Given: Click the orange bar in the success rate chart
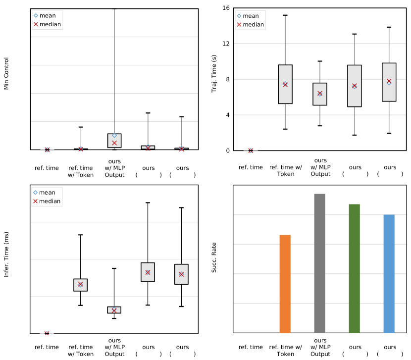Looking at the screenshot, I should pyautogui.click(x=285, y=283).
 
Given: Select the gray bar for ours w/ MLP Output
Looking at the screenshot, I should pyautogui.click(x=319, y=263).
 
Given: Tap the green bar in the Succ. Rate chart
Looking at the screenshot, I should pyautogui.click(x=354, y=268).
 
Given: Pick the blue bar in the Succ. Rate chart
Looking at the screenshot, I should pyautogui.click(x=389, y=273).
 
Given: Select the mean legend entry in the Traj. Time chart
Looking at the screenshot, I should pyautogui.click(x=250, y=16).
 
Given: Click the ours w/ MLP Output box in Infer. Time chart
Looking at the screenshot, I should pyautogui.click(x=114, y=309).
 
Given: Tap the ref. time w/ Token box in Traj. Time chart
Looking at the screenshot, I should pyautogui.click(x=285, y=84).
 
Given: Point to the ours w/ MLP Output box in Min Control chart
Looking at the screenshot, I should pyautogui.click(x=114, y=141).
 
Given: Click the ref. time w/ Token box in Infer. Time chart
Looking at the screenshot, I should pyautogui.click(x=80, y=285).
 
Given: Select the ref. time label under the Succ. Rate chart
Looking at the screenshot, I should pyautogui.click(x=251, y=347).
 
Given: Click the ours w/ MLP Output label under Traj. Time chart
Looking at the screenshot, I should pyautogui.click(x=320, y=167).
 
